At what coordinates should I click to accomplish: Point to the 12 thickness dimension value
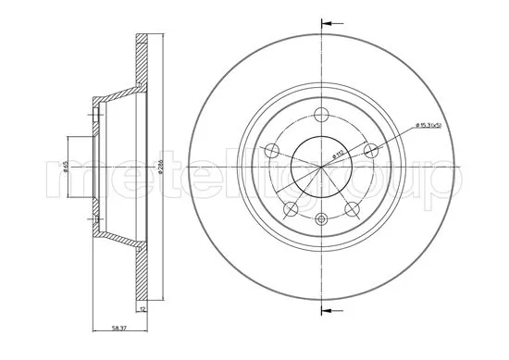(143, 311)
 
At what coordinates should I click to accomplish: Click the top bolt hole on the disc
(321, 115)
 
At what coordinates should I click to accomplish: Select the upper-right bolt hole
(370, 151)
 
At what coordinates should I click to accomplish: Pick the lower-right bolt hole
(352, 208)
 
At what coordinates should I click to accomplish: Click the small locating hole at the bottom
(321, 219)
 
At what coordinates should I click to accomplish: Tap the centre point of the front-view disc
(321, 167)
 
